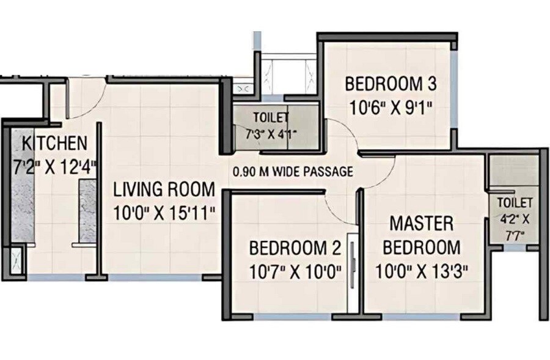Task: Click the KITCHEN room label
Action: [x=54, y=144]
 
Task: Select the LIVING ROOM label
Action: [x=164, y=189]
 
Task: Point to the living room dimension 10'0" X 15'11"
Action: [x=164, y=212]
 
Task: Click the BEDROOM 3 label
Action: [x=391, y=83]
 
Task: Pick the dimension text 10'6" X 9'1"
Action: [x=391, y=108]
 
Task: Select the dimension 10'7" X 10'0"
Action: [x=295, y=271]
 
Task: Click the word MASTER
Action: [x=422, y=223]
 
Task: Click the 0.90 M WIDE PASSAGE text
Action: [x=293, y=172]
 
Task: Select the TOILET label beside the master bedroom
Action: [x=515, y=202]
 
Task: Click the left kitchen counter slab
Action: [x=20, y=183]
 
